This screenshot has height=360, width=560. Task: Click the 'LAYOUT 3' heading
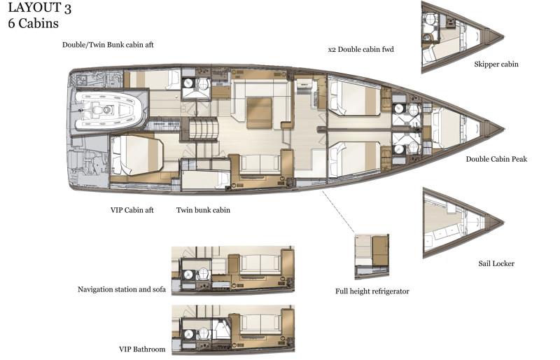click(x=40, y=10)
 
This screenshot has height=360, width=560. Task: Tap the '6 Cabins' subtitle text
click(x=33, y=24)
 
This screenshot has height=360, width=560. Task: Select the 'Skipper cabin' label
click(x=496, y=64)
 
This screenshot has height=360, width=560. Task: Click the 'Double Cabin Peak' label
click(x=496, y=159)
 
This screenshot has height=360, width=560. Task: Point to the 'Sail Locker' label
click(x=496, y=263)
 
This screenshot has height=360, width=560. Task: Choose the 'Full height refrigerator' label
click(x=372, y=291)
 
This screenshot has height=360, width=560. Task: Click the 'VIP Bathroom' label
click(x=142, y=349)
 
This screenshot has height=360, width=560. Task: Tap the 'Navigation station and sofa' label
click(x=122, y=289)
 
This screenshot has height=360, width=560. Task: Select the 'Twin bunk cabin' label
click(x=203, y=209)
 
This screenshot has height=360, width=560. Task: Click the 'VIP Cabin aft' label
click(x=132, y=209)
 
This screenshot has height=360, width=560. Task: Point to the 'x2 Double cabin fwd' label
click(x=360, y=50)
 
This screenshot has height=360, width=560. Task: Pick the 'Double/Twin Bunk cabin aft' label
click(x=108, y=45)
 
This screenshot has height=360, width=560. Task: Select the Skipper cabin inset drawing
click(x=458, y=36)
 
